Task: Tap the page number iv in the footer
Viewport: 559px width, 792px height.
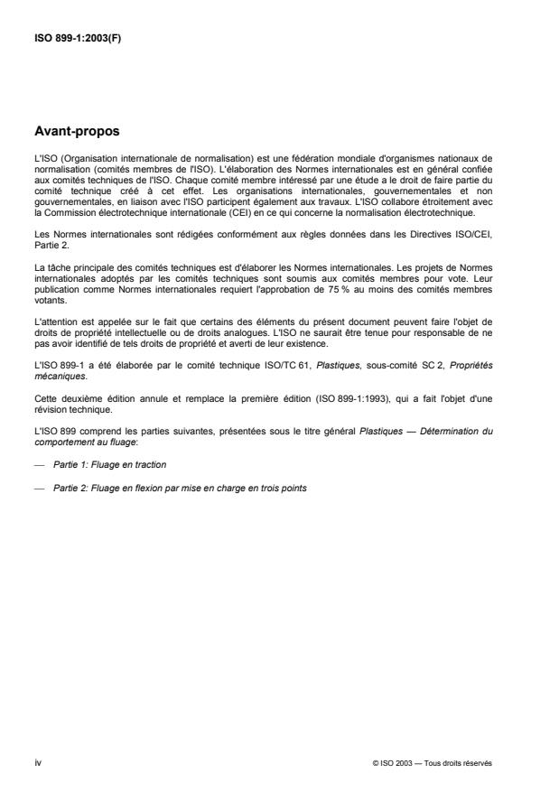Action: tap(37, 762)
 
